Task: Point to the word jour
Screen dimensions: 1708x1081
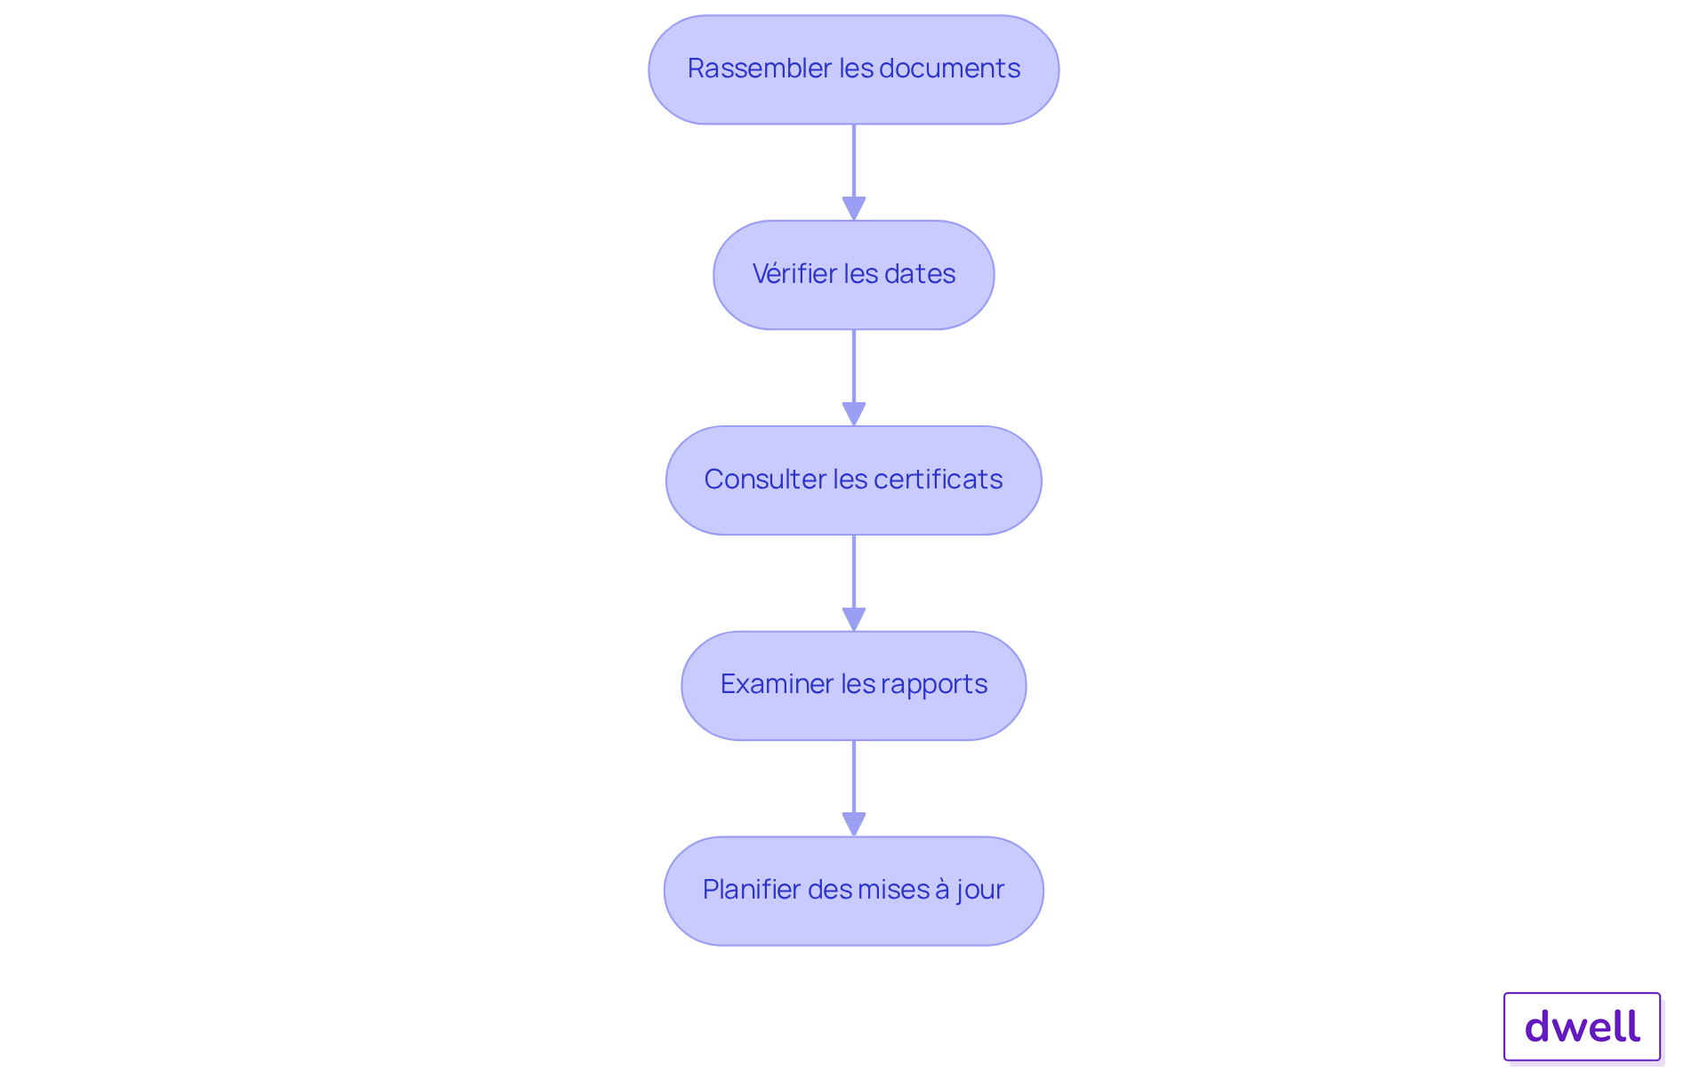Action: (x=980, y=891)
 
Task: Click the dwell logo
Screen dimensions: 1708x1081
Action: (x=1582, y=1027)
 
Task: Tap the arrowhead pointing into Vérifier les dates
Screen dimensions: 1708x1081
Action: (x=854, y=208)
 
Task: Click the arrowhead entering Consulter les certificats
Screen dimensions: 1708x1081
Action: (x=854, y=414)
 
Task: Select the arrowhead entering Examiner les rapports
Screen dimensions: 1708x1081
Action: (x=854, y=619)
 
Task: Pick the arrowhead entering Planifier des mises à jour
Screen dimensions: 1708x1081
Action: (x=854, y=825)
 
